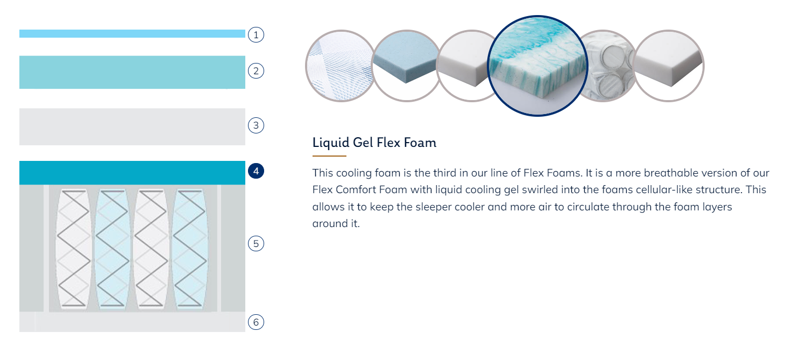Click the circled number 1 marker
point(256,35)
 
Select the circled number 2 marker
point(256,71)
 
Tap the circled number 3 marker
point(256,125)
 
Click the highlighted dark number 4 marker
point(256,171)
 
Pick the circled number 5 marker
point(256,244)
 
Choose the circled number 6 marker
point(256,322)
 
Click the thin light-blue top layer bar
point(132,34)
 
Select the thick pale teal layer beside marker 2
point(132,73)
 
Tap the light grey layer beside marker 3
point(132,126)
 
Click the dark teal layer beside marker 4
point(132,173)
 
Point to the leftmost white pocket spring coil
point(74,249)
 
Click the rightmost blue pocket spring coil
point(190,249)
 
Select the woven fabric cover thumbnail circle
point(339,66)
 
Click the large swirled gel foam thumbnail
point(537,66)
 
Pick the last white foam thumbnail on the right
point(669,66)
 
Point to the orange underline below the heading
point(329,156)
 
